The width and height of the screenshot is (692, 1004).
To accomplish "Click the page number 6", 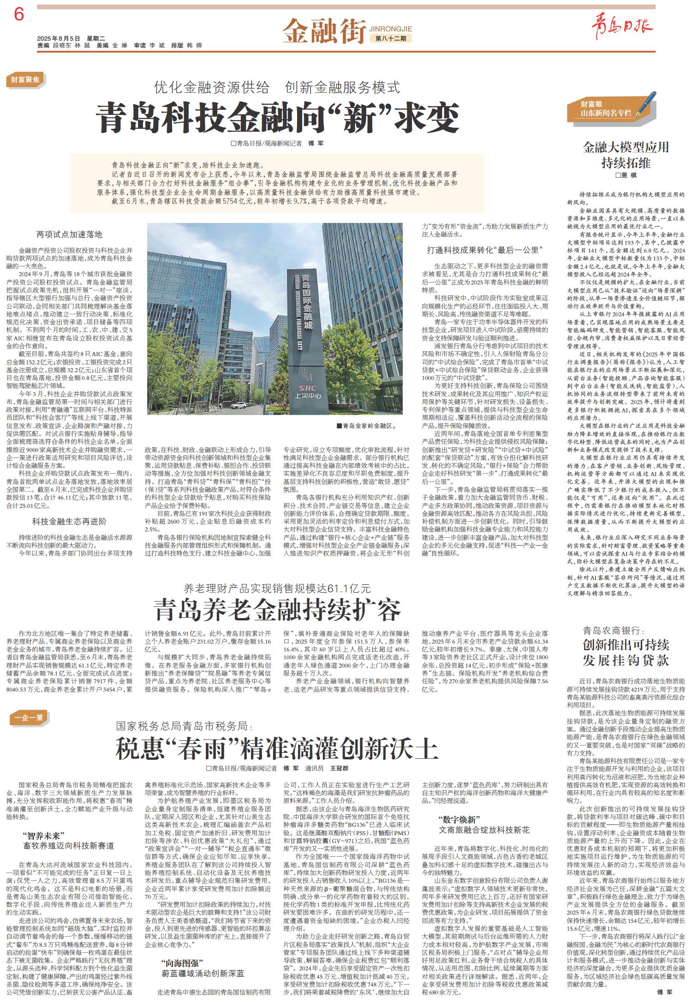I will pyautogui.click(x=19, y=15).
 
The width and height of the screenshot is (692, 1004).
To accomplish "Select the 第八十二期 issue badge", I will pyautogui.click(x=390, y=38).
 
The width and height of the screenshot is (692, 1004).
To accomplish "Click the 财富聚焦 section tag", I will pyautogui.click(x=25, y=80).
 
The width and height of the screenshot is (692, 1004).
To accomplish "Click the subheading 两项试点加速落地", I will pyautogui.click(x=70, y=234).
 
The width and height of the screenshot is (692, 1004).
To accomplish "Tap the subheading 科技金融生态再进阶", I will pyautogui.click(x=69, y=521).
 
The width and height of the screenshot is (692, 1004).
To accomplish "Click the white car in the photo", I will pyautogui.click(x=239, y=406).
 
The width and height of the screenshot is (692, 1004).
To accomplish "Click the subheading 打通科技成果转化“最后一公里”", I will pyautogui.click(x=484, y=250).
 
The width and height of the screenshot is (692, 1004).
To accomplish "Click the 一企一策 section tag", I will pyautogui.click(x=29, y=717).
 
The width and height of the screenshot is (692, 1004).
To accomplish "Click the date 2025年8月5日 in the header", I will pyautogui.click(x=59, y=38).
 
